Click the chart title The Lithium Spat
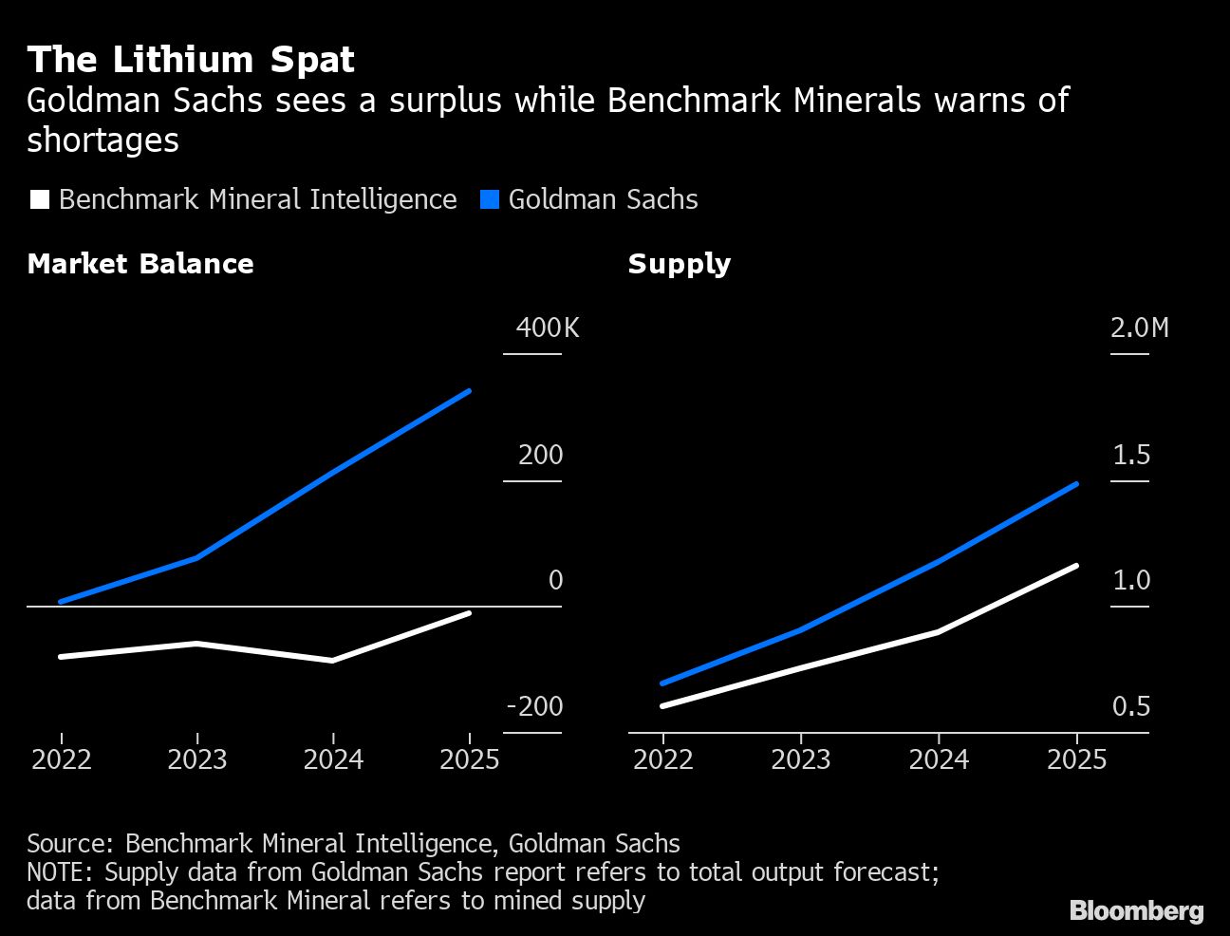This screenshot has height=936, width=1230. (191, 60)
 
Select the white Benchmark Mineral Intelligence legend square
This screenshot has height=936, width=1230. (39, 199)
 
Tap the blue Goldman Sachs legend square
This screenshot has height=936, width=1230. (490, 199)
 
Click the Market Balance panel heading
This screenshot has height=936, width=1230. (140, 264)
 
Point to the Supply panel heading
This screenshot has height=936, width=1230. (679, 264)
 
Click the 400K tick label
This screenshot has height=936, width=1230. (547, 328)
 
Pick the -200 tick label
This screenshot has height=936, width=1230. (535, 706)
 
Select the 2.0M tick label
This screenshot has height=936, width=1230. (1139, 328)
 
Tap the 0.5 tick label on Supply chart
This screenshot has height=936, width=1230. (1130, 706)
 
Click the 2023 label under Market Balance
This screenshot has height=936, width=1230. (197, 759)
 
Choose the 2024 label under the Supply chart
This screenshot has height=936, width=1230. (939, 759)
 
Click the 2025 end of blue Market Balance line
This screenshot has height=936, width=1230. (469, 391)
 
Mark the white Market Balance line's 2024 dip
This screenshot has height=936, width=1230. (332, 660)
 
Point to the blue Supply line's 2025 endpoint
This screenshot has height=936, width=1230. (1076, 484)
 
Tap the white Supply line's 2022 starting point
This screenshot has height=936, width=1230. (662, 705)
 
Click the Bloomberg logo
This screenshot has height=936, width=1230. (1136, 911)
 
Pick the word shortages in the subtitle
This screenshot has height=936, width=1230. (102, 140)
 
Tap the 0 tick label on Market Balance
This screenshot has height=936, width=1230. (555, 580)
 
